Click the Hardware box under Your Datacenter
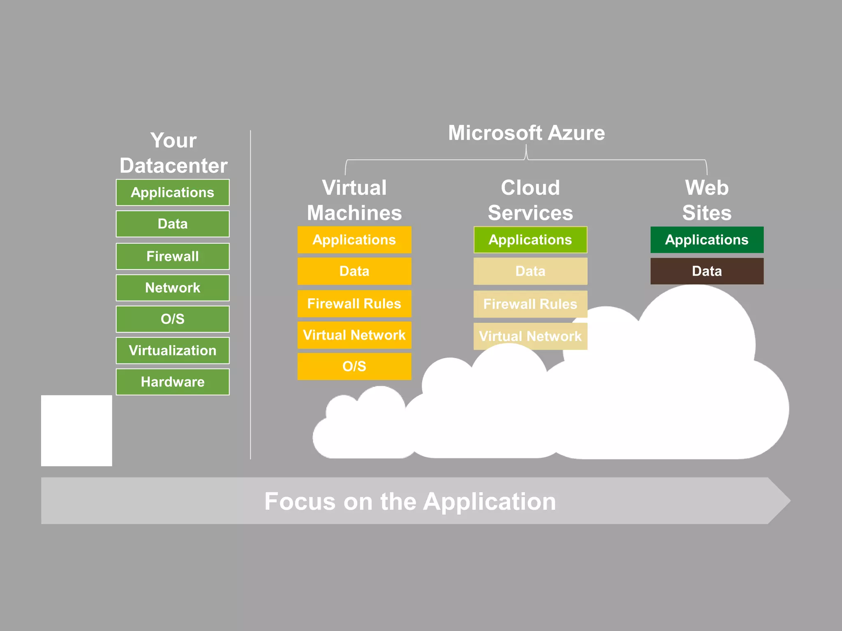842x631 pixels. click(x=173, y=382)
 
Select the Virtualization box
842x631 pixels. click(x=173, y=350)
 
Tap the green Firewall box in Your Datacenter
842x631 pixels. click(x=173, y=256)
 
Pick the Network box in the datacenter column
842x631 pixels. click(x=173, y=288)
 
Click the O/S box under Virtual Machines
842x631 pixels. click(x=354, y=366)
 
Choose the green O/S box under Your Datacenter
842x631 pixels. click(x=173, y=319)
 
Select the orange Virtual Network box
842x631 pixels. click(x=354, y=335)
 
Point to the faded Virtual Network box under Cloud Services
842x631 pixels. click(x=530, y=336)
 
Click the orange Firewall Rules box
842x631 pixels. click(x=354, y=304)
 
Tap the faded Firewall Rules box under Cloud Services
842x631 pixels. click(x=530, y=304)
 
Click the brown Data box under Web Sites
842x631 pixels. click(x=707, y=271)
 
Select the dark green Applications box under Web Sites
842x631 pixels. click(x=707, y=240)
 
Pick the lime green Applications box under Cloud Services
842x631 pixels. click(x=530, y=240)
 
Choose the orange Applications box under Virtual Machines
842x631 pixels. click(x=354, y=240)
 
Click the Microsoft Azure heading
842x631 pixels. click(x=526, y=133)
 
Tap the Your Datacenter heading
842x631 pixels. click(x=173, y=153)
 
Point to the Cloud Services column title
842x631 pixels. click(x=530, y=200)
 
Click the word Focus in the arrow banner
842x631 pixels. click(x=300, y=502)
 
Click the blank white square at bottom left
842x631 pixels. click(x=76, y=431)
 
